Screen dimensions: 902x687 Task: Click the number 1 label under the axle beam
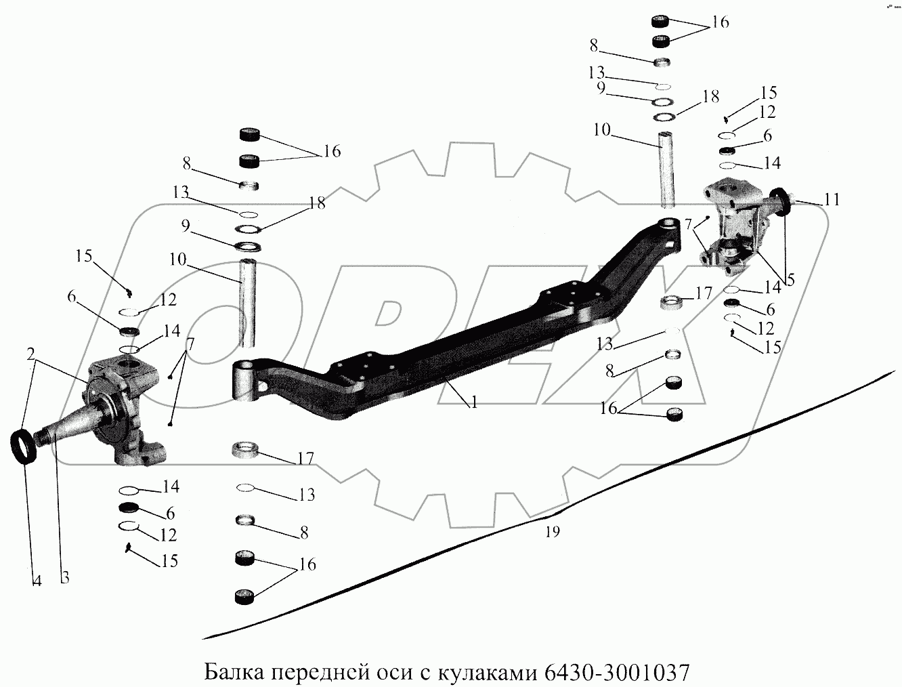(475, 402)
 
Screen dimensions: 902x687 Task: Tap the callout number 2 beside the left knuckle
(32, 354)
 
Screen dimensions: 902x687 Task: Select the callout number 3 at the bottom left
(64, 577)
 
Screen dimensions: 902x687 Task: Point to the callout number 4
(37, 580)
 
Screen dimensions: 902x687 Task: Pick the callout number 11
(832, 200)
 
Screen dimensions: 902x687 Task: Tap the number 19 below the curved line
(553, 532)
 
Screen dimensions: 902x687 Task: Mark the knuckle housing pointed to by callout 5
(734, 230)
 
